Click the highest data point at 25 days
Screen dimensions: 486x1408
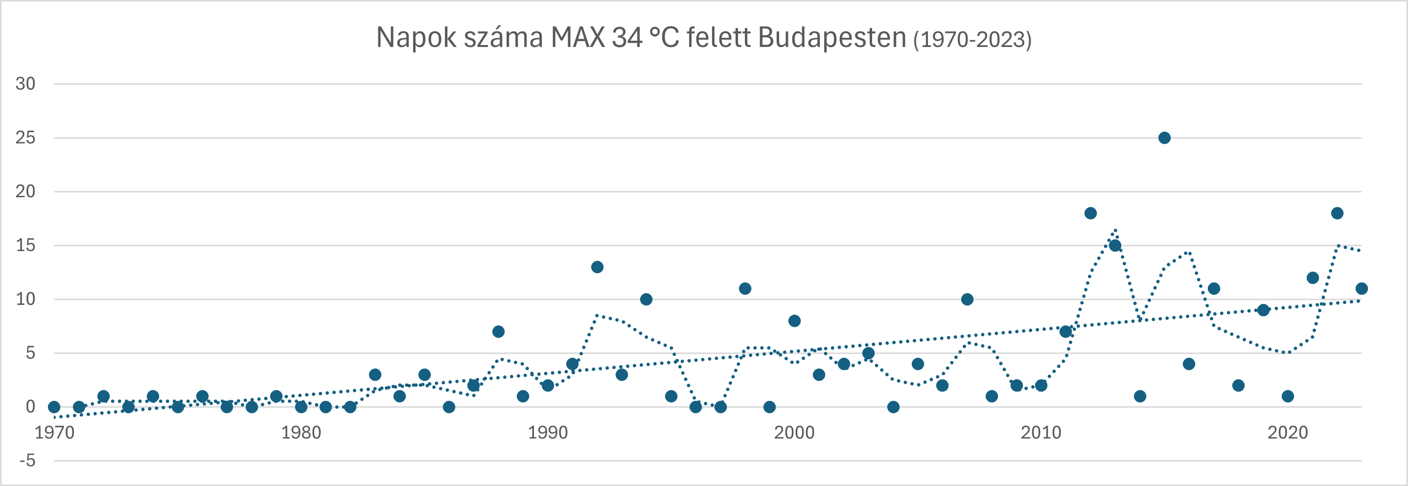[x=1164, y=138]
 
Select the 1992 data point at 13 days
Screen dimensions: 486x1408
[x=597, y=267]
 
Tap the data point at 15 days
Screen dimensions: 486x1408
[x=1115, y=246]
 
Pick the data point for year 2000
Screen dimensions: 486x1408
[x=794, y=321]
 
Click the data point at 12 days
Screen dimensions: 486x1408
[x=1313, y=278]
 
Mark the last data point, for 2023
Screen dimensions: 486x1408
[x=1362, y=289]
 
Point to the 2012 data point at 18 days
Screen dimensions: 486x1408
[x=1090, y=213]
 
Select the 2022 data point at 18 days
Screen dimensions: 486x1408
[x=1337, y=213]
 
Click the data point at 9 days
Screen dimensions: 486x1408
[x=1263, y=310]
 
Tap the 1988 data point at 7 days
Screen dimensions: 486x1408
[x=498, y=332]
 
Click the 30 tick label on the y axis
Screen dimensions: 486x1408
[x=25, y=84]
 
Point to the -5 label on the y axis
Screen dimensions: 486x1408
[x=27, y=461]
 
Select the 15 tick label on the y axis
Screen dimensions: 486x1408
[x=25, y=246]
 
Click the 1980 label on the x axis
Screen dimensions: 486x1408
[x=300, y=433]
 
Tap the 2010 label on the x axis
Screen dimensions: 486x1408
[x=1040, y=433]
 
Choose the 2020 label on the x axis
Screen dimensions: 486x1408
[x=1288, y=433]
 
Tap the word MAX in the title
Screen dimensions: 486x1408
[x=578, y=38]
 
